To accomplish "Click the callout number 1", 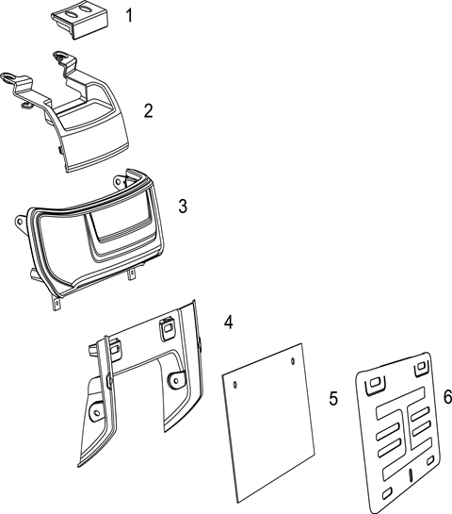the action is tap(130, 15).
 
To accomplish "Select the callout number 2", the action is tap(148, 110).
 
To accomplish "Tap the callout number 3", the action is tap(183, 206).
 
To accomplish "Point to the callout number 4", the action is tap(229, 322).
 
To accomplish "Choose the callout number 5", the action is tap(333, 398).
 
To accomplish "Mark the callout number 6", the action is tap(447, 396).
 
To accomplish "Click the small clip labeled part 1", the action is tap(79, 22).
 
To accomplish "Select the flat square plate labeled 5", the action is tap(268, 423).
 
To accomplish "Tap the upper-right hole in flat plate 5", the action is tap(293, 361).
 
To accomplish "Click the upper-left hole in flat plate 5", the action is tap(234, 384).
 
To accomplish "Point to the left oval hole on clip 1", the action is tap(72, 13).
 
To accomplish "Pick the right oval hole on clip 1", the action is tap(87, 9).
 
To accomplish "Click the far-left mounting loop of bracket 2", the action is tap(8, 77).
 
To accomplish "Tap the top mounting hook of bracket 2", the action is tap(62, 56).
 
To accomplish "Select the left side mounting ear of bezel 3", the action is tap(21, 223).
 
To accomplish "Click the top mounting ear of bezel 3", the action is tap(120, 181).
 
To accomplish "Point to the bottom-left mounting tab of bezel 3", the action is tap(56, 302).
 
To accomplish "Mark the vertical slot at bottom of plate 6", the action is tap(411, 475).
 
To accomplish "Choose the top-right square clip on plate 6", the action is tap(421, 369).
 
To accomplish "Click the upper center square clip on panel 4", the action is tap(167, 328).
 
